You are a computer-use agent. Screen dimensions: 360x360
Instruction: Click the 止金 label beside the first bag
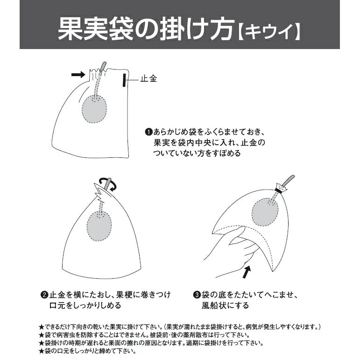click(149, 79)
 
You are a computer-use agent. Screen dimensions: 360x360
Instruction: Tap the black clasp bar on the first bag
click(124, 80)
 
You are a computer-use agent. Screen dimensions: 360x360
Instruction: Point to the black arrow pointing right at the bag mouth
click(78, 74)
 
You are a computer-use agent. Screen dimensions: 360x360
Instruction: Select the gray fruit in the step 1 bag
click(94, 109)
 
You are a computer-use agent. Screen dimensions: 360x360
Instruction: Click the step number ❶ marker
click(148, 132)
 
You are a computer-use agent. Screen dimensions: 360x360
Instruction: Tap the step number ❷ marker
click(44, 295)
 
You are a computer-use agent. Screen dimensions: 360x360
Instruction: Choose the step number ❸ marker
click(197, 295)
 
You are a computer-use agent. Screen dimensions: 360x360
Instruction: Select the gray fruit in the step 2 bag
click(99, 226)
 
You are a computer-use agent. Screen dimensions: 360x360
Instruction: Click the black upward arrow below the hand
click(247, 272)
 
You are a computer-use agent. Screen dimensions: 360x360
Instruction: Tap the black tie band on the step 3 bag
click(281, 191)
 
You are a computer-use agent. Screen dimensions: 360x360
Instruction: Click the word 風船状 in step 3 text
click(215, 305)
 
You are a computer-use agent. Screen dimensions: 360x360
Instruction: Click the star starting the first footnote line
click(42, 327)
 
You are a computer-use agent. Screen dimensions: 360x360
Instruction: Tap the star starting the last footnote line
click(42, 351)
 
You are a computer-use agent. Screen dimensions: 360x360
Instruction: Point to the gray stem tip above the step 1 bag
click(104, 63)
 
